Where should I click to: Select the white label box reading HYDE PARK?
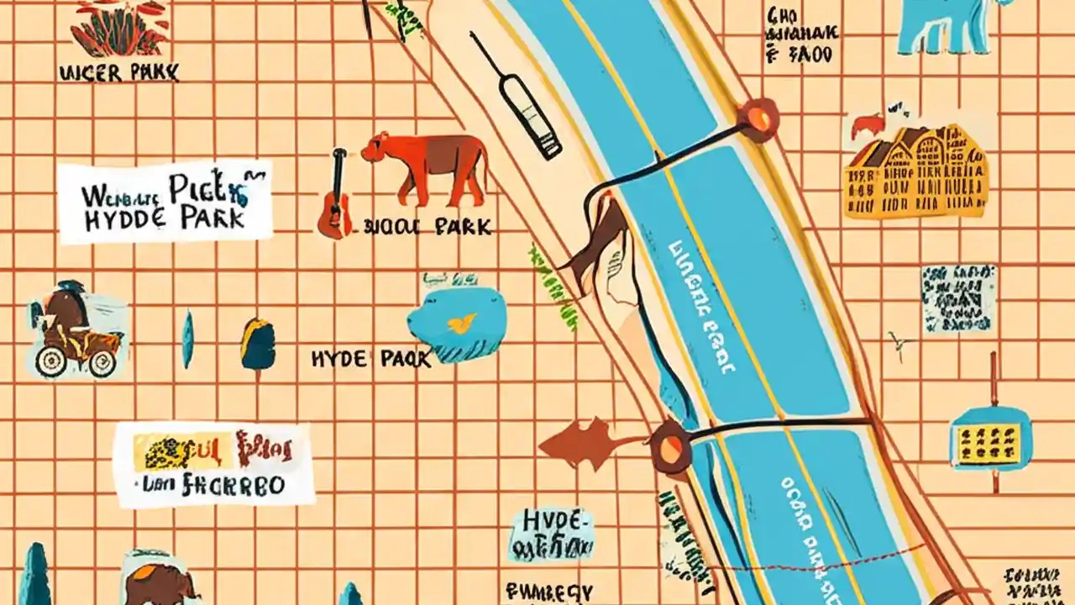(166, 202)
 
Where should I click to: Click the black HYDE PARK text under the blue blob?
(370, 359)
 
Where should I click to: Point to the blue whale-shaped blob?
(459, 324)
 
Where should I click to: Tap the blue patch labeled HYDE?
(551, 534)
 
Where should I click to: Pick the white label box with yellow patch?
(213, 465)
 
